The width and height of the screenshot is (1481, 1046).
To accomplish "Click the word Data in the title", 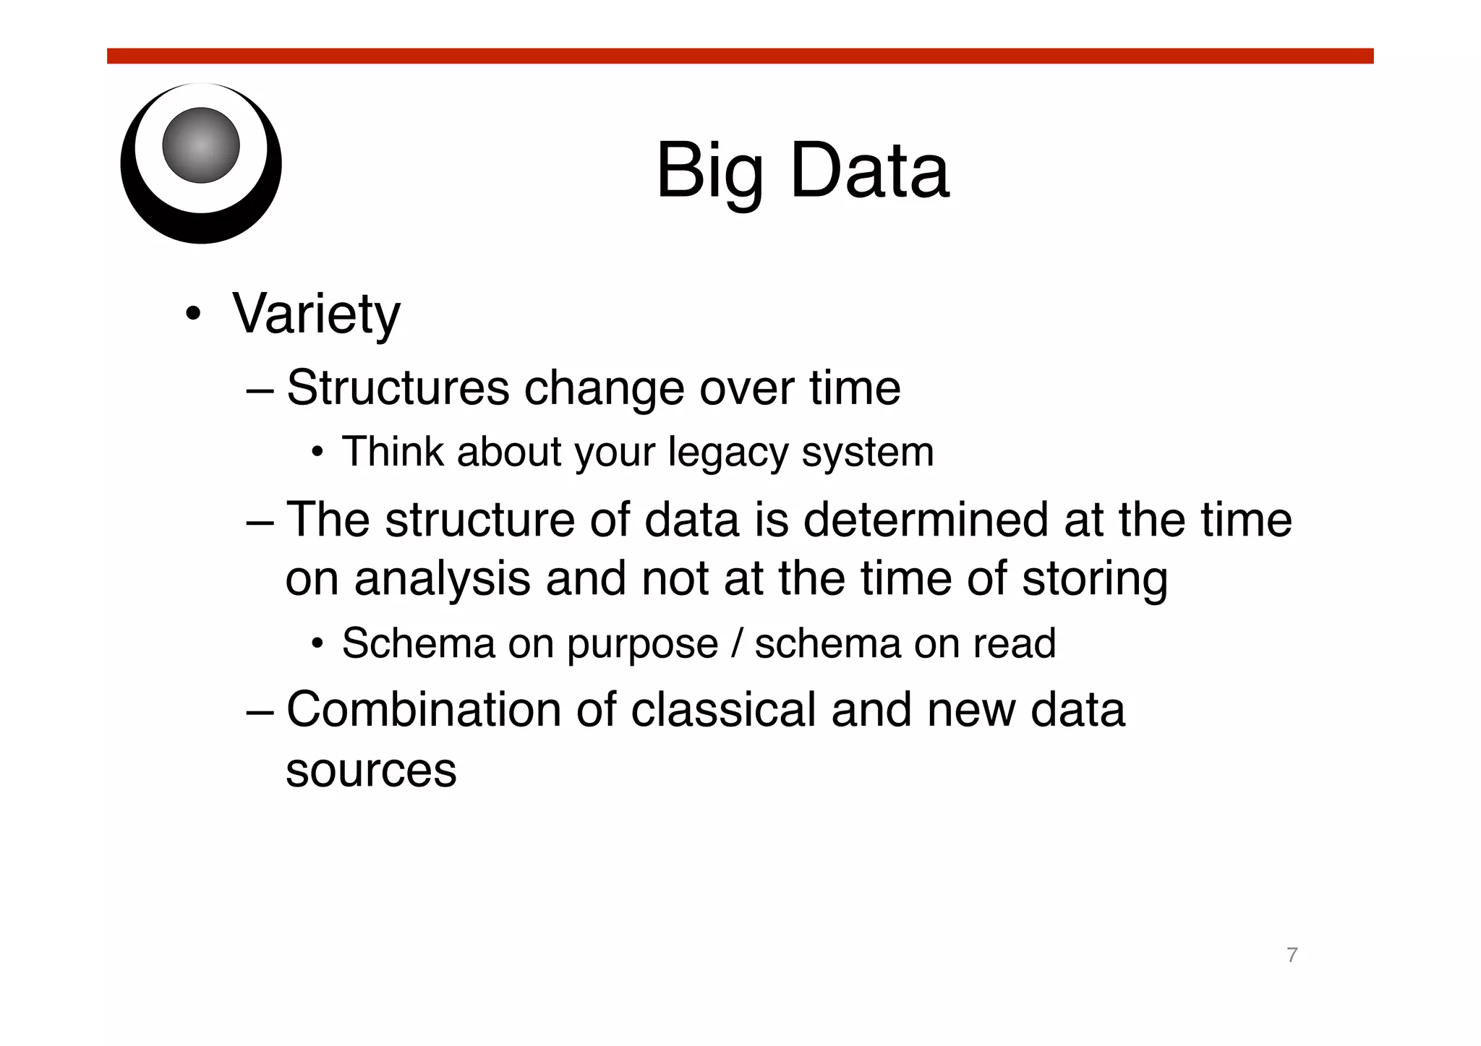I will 869,172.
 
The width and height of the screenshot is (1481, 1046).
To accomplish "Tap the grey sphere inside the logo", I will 201,145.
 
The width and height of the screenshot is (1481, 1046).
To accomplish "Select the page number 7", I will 1292,955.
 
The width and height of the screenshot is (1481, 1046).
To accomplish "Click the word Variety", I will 316,315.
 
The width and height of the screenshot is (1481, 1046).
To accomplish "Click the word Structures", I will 398,388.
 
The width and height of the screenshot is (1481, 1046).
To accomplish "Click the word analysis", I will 442,580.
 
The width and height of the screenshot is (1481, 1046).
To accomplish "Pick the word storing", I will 1094,580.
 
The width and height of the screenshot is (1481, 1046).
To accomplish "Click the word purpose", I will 641,644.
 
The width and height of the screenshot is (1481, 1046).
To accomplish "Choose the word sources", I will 371,770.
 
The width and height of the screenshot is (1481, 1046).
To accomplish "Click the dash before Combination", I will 260,711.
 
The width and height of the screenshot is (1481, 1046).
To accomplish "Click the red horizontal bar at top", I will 740,56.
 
